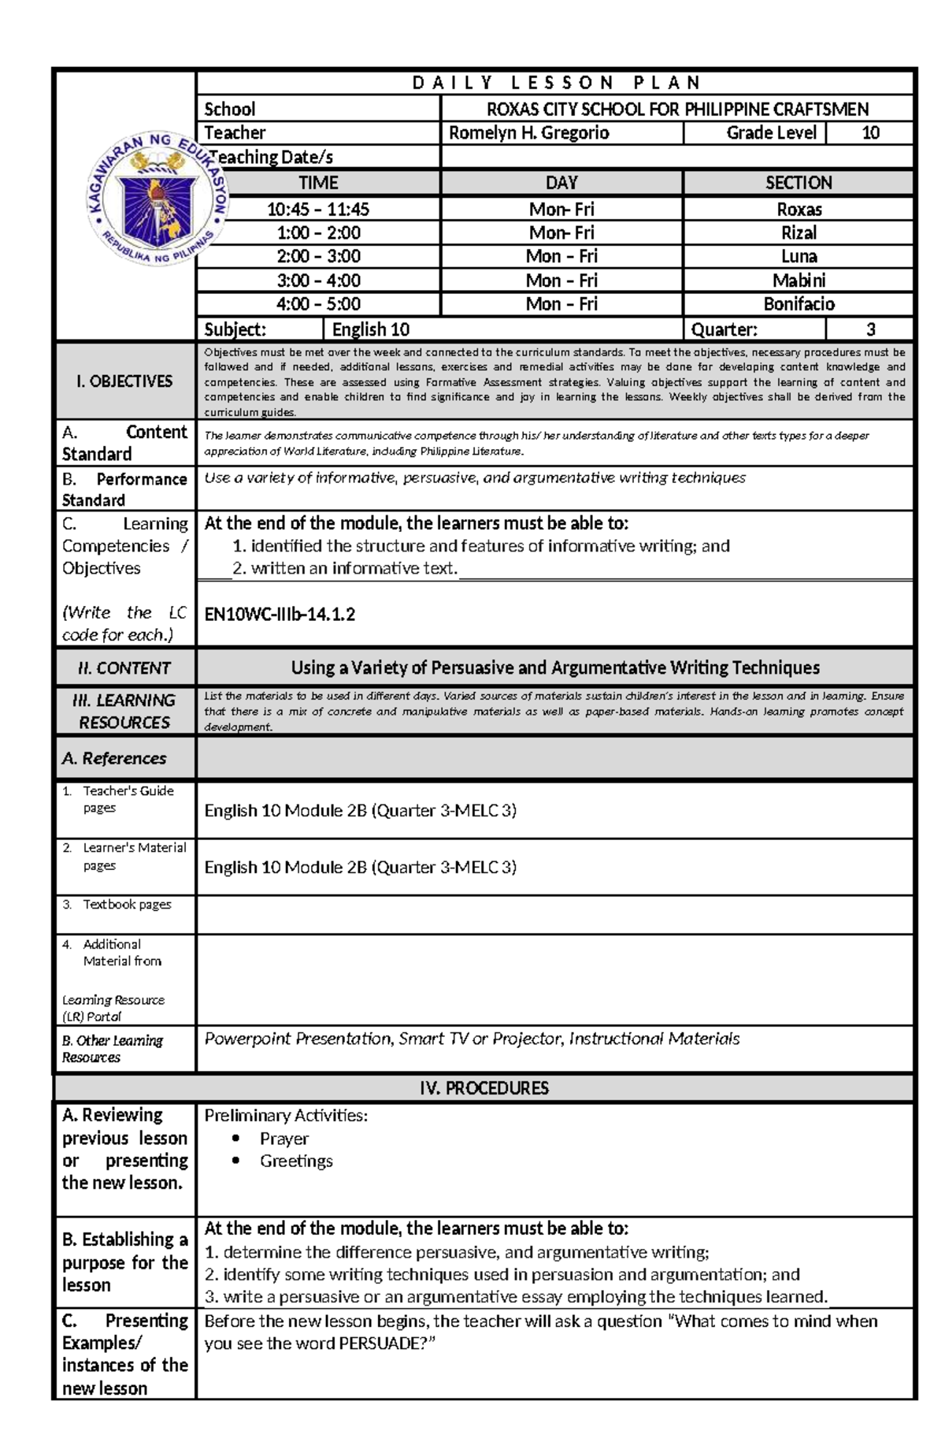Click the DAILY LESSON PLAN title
point(556,83)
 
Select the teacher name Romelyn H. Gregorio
point(528,133)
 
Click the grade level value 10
point(870,133)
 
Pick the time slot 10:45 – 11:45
point(318,210)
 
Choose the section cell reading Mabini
point(799,281)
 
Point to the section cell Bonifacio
point(799,304)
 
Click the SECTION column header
point(799,183)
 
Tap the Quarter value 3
point(870,329)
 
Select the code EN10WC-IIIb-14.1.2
point(280,615)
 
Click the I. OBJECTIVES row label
point(124,381)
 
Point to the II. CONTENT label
point(124,668)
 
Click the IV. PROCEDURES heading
point(484,1088)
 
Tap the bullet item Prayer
point(283,1139)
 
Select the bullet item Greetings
point(296,1161)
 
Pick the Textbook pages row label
point(127,905)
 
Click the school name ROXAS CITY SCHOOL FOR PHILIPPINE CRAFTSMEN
point(677,110)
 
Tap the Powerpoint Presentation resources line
point(472,1039)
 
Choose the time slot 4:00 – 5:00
point(318,304)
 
